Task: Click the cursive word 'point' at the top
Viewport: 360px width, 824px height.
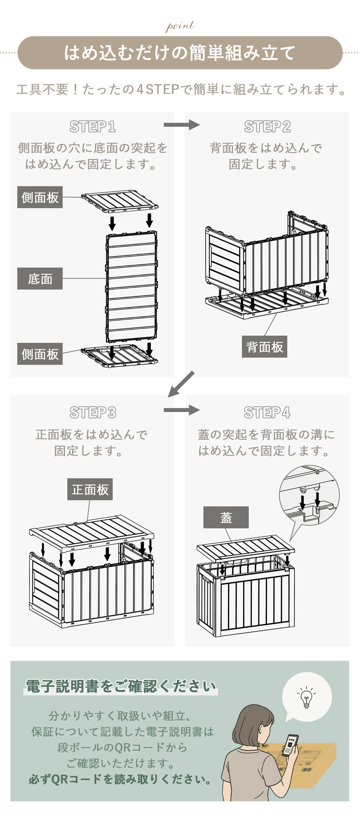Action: [x=180, y=26]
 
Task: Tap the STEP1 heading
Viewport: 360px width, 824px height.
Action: [x=93, y=127]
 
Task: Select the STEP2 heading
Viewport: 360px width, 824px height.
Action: [x=267, y=127]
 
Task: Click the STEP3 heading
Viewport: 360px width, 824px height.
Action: [x=93, y=413]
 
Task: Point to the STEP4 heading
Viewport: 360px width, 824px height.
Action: [x=267, y=413]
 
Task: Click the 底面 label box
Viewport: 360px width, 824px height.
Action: [x=40, y=278]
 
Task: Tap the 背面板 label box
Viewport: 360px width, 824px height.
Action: [x=265, y=347]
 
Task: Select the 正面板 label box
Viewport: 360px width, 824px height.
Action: [x=90, y=489]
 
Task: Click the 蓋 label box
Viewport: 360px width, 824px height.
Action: [x=226, y=517]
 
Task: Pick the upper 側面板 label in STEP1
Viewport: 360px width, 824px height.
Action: [x=40, y=197]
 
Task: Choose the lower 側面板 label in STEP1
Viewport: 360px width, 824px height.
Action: [x=40, y=354]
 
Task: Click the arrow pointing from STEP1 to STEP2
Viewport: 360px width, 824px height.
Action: [x=181, y=125]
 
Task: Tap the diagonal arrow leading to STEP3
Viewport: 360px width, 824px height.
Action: [x=181, y=384]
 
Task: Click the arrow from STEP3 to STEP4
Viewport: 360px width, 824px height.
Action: [x=181, y=410]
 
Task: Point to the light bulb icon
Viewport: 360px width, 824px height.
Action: [x=306, y=697]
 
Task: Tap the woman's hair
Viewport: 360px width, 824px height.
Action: [x=248, y=724]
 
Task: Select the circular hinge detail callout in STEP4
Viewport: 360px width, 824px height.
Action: [x=309, y=495]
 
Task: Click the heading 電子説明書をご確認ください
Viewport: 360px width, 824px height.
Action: [x=121, y=686]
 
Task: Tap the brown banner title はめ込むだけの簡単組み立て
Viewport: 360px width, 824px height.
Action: [x=180, y=53]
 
